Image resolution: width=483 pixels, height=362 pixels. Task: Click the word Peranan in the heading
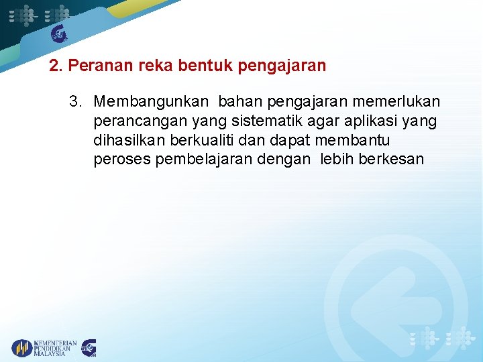point(95,66)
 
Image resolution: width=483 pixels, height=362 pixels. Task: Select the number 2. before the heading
point(56,66)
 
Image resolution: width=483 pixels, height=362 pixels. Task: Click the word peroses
point(122,160)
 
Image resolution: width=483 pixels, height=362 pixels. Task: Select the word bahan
point(240,101)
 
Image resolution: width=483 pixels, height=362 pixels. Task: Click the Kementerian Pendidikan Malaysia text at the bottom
point(55,348)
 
